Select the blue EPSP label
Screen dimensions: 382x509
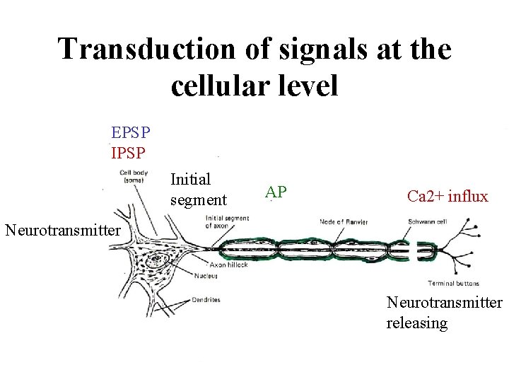130,132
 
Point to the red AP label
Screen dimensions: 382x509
276,191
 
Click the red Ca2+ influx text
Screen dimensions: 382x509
447,196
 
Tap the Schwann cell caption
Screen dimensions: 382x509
427,221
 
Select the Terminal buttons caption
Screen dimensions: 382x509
453,283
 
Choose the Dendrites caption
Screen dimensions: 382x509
206,299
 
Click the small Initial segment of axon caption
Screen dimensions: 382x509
226,221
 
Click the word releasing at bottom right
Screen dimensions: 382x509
417,323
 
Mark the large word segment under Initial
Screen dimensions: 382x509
199,199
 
